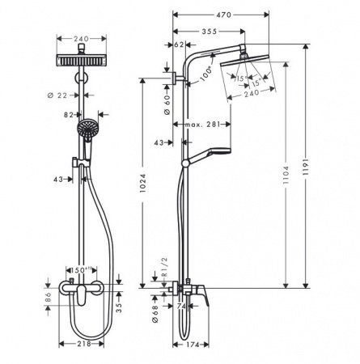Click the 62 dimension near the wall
tap(180, 46)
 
